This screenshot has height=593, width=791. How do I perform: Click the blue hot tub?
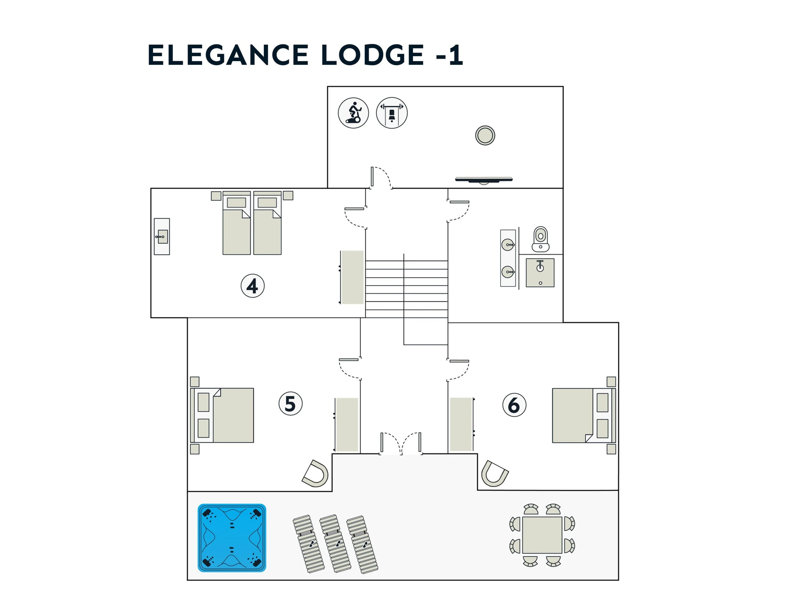(x=232, y=538)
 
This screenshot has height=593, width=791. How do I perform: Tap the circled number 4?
(x=252, y=286)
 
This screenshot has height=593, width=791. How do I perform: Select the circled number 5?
(x=290, y=404)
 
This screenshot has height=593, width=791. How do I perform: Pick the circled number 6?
(x=514, y=405)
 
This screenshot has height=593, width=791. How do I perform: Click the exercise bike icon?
(x=353, y=113)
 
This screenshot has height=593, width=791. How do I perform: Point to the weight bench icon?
(x=392, y=113)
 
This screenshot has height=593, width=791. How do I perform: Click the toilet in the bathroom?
(x=540, y=239)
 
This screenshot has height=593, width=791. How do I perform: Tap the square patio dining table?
(x=542, y=535)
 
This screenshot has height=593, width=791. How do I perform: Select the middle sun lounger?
(x=335, y=543)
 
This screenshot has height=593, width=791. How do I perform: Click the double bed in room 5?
(x=222, y=415)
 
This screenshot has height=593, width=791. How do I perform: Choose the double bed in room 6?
(x=584, y=415)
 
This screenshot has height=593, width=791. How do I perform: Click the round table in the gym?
(x=485, y=135)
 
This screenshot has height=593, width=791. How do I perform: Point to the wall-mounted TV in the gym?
(x=483, y=180)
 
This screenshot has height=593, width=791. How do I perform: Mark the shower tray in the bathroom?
(x=540, y=273)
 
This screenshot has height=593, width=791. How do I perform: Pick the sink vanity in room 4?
(x=161, y=236)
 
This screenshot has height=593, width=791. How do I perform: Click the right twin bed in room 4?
(x=268, y=223)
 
